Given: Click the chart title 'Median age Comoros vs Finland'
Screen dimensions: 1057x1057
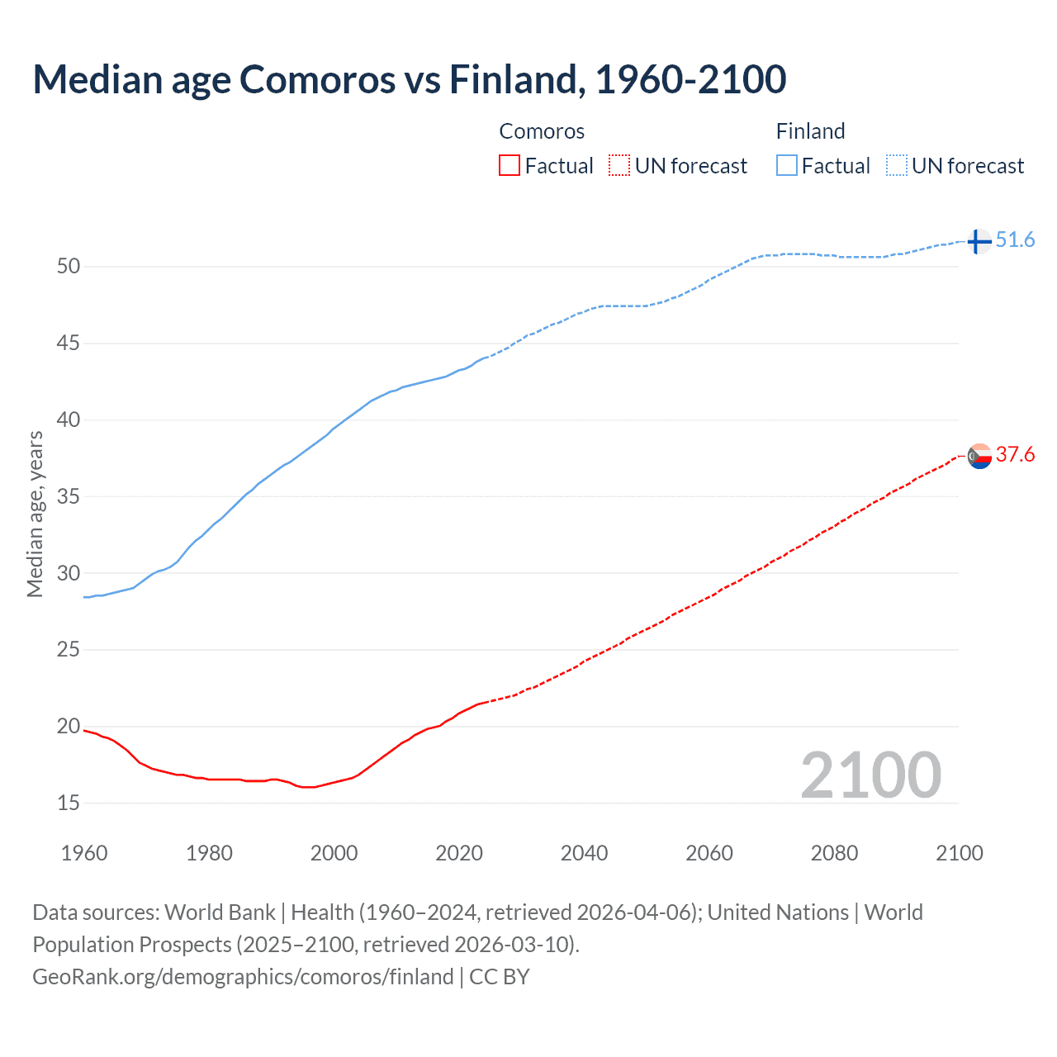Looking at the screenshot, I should tap(409, 79).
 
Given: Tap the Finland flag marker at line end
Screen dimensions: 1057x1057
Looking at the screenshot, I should tap(979, 241).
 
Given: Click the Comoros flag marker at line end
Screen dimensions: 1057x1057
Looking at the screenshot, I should tap(979, 456).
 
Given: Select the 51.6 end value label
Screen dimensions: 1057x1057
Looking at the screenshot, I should tap(1015, 240).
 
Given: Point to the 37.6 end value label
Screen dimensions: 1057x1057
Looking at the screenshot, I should tap(1015, 455).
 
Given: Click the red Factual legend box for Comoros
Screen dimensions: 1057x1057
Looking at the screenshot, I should tap(510, 166).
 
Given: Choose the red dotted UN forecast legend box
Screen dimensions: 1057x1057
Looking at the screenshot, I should tap(619, 166).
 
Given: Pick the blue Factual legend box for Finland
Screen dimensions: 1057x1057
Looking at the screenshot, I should tap(786, 166).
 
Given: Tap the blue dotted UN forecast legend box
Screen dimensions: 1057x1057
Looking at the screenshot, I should tap(896, 166).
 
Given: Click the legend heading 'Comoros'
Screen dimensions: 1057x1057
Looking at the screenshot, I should tap(542, 131).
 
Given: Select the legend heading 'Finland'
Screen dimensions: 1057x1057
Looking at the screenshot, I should tap(810, 131).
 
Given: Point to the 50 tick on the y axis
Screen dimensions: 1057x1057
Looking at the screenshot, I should tap(69, 266).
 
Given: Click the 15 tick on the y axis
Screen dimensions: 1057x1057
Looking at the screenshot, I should tap(69, 803).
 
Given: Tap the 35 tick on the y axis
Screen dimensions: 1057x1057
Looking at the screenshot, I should tap(69, 496).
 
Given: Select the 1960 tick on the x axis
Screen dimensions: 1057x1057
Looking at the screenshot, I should tap(84, 853).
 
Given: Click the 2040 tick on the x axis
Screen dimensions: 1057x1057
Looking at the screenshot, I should tap(584, 853).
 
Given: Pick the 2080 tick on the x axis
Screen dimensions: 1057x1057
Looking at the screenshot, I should tap(834, 853).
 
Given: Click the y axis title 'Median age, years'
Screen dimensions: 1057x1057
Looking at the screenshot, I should tap(35, 514).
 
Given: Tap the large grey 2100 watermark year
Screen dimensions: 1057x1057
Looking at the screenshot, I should tap(870, 775).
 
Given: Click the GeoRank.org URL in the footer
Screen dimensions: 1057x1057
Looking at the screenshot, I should tap(243, 977).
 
